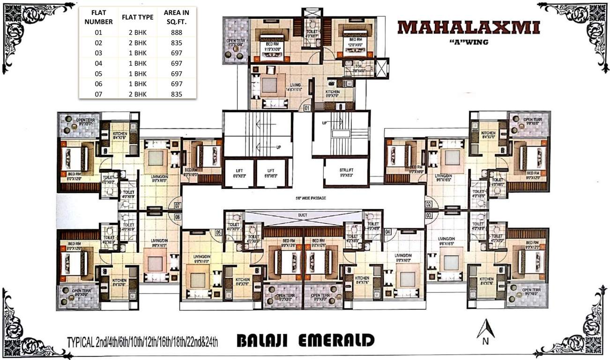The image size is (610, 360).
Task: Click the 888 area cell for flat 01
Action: [x=176, y=32]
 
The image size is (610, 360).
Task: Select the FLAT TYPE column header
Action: [x=137, y=17]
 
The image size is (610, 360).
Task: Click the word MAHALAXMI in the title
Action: [x=468, y=27]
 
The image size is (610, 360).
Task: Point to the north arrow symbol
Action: [x=486, y=328]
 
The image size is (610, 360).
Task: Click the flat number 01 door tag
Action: [x=307, y=108]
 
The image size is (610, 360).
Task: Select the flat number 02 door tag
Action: [x=428, y=204]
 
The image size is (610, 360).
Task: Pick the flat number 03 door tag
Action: [x=428, y=215]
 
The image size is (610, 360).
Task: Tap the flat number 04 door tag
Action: [x=387, y=232]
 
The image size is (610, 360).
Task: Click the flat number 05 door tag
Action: [x=218, y=232]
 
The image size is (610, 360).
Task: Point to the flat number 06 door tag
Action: [x=178, y=217]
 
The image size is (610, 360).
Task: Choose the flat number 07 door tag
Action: [x=178, y=205]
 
